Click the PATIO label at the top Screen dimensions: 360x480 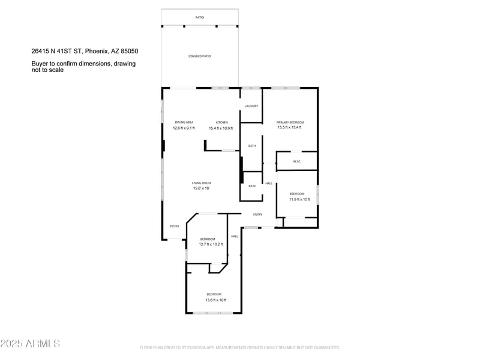click(200, 17)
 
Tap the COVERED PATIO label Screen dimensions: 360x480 click(200, 56)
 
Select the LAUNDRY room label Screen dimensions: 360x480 click(251, 106)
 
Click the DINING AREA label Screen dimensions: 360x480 click(184, 122)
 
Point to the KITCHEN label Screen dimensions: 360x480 click(222, 122)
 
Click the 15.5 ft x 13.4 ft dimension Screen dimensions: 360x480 click(290, 127)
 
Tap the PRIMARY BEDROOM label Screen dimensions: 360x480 click(290, 122)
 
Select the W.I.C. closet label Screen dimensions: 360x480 click(296, 161)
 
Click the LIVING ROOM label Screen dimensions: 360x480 click(201, 183)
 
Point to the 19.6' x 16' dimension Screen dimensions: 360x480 click(201, 188)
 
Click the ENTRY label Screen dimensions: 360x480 click(257, 214)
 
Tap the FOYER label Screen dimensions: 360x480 click(175, 226)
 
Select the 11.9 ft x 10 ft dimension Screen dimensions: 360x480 click(299, 199)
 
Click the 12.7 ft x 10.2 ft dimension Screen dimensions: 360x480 click(211, 244)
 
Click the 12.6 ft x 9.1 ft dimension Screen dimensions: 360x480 click(184, 128)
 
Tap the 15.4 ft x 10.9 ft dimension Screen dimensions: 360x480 click(222, 128)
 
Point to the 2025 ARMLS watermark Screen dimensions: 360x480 click(30, 344)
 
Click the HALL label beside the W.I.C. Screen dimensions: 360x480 click(269, 184)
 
